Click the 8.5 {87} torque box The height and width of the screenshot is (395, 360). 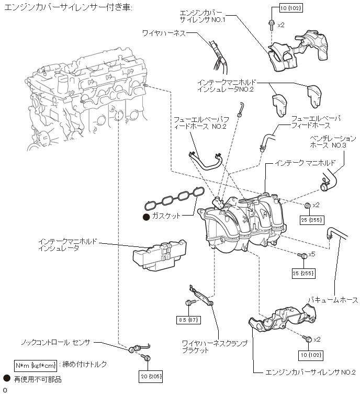[x=188, y=320]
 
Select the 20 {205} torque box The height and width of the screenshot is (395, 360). [x=151, y=376]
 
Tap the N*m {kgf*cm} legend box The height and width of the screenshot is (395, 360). [x=35, y=366]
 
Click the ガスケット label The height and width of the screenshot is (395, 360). [x=166, y=216]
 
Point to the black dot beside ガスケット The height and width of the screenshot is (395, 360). [x=146, y=217]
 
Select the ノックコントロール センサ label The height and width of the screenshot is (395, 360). [x=55, y=343]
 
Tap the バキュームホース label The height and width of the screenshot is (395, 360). [x=333, y=300]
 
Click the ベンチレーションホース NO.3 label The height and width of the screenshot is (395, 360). [x=333, y=142]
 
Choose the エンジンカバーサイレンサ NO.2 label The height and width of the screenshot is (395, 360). [x=310, y=373]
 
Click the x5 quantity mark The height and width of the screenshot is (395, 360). [x=312, y=254]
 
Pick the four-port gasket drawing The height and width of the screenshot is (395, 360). [x=174, y=199]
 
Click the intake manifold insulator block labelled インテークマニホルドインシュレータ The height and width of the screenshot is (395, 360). [x=160, y=255]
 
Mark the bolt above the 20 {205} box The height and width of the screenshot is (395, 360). [x=146, y=357]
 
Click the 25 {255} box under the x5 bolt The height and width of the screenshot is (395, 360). [x=303, y=273]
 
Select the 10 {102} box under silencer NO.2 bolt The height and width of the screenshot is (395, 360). [x=311, y=355]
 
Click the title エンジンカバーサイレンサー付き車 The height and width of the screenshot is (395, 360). [x=68, y=7]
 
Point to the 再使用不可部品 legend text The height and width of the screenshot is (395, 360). [x=38, y=379]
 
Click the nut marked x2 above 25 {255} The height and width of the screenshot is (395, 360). [x=307, y=206]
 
